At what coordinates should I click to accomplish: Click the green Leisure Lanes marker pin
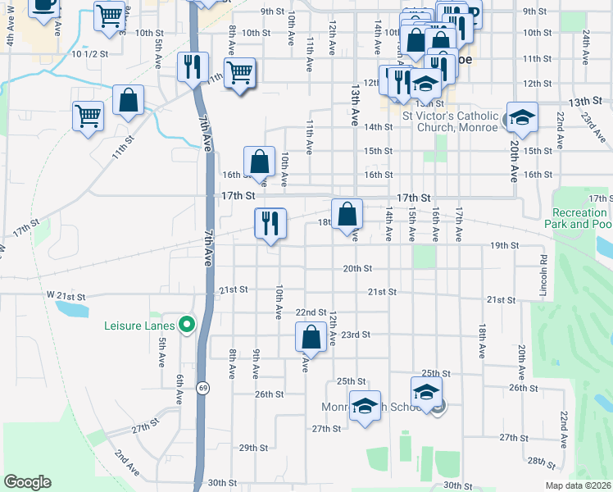[186, 325]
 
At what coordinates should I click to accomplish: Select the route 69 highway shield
[201, 386]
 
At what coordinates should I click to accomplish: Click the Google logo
[27, 481]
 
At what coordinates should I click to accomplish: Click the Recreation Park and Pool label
[578, 218]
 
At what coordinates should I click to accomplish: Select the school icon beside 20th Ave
[521, 118]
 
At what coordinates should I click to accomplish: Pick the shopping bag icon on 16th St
[260, 162]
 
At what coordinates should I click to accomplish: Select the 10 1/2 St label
[90, 54]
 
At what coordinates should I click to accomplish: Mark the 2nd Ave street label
[125, 462]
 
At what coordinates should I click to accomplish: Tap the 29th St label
[253, 448]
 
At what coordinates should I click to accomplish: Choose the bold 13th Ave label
[355, 102]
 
